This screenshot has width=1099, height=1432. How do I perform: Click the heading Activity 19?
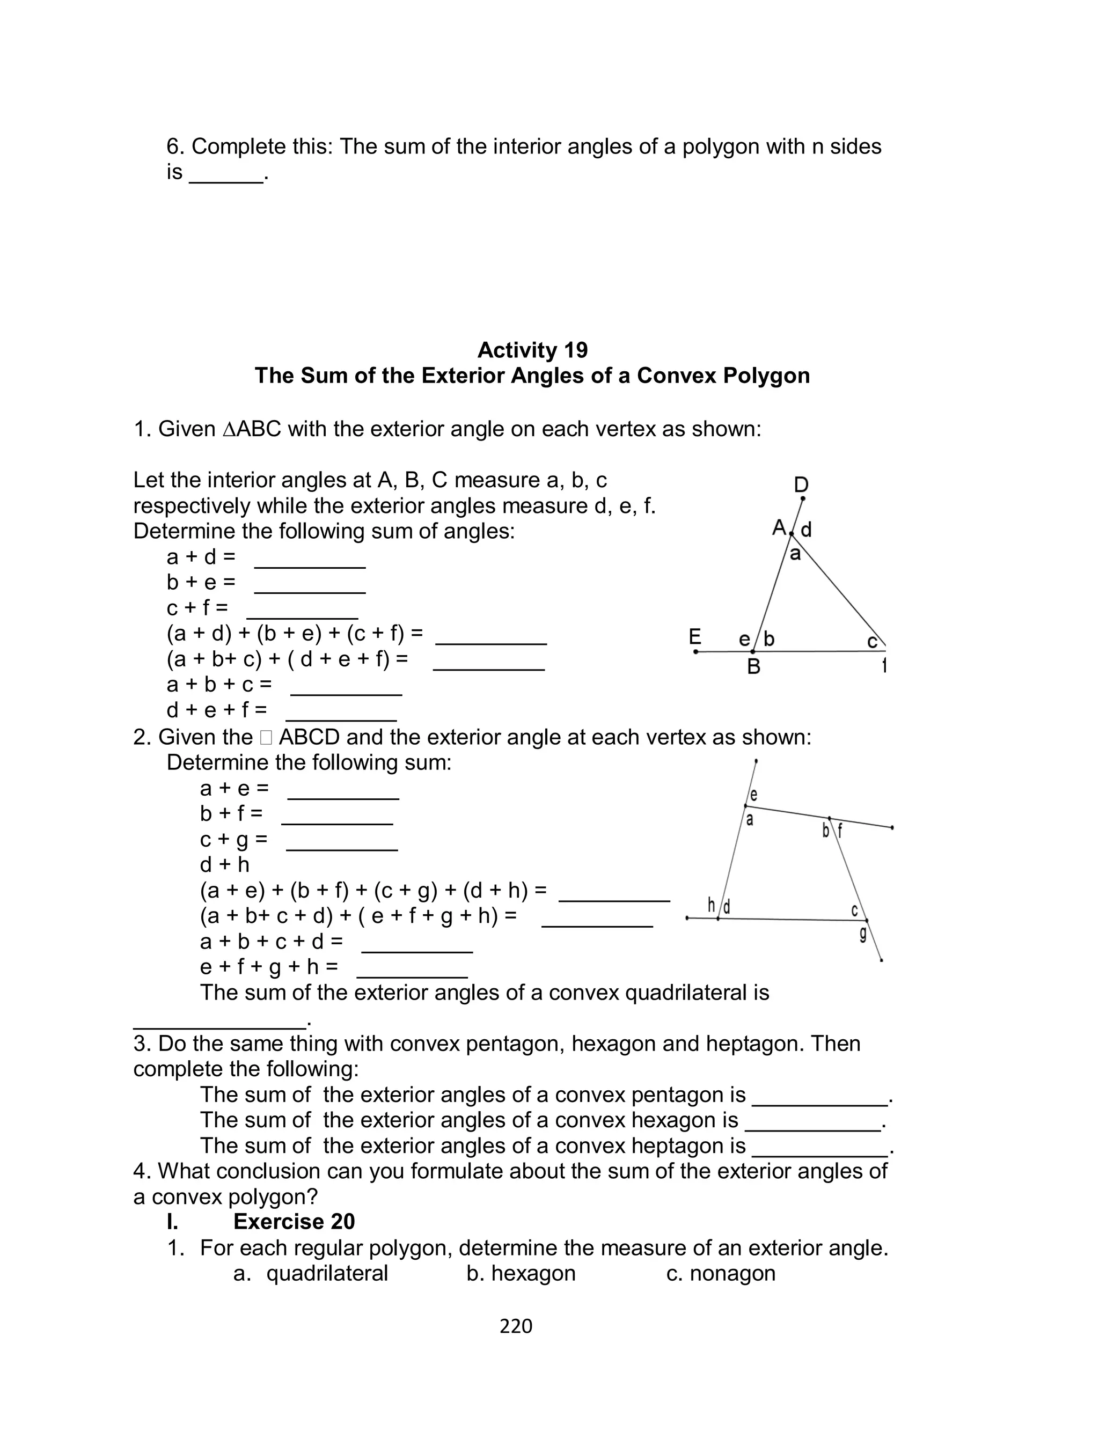pyautogui.click(x=532, y=350)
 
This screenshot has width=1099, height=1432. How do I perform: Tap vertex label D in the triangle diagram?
pyautogui.click(x=801, y=485)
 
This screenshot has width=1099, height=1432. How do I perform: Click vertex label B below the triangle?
pyautogui.click(x=753, y=667)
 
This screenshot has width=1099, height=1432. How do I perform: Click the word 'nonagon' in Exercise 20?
pyautogui.click(x=732, y=1273)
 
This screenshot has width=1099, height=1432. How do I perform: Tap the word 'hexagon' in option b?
pyautogui.click(x=533, y=1273)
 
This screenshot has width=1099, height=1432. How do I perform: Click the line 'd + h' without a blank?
pyautogui.click(x=224, y=865)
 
